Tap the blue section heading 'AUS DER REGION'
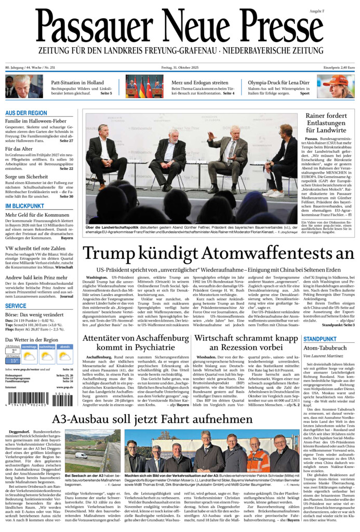point(26,113)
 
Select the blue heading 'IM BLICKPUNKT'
point(24,206)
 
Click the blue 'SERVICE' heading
point(16,306)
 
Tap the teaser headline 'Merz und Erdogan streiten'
point(200,83)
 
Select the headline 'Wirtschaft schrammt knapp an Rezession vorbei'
point(246,343)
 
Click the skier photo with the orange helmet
point(336,86)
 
